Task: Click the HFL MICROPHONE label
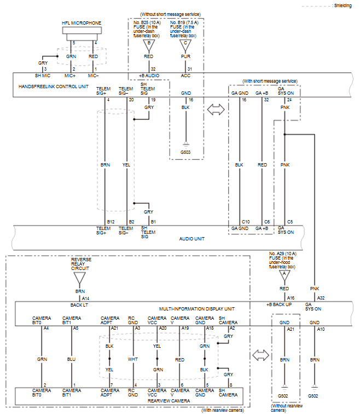(x=82, y=23)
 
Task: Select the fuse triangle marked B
(x=149, y=45)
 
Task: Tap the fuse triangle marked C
(x=185, y=45)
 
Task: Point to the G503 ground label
(x=185, y=152)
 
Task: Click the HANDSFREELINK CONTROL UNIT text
(x=54, y=87)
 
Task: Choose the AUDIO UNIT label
(x=191, y=239)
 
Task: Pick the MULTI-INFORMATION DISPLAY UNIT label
(x=197, y=309)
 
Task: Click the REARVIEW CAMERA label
(x=169, y=401)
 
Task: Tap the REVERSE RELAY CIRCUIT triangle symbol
(x=80, y=278)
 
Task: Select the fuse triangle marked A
(x=284, y=276)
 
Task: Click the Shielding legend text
(x=343, y=5)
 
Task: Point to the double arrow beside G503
(x=216, y=110)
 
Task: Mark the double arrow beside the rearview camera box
(x=260, y=355)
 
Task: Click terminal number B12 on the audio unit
(x=111, y=222)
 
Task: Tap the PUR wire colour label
(x=185, y=56)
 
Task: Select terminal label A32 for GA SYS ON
(x=321, y=298)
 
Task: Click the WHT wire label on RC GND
(x=133, y=360)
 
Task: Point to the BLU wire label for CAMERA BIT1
(x=71, y=360)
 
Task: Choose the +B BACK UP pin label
(x=279, y=304)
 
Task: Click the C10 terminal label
(x=246, y=222)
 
